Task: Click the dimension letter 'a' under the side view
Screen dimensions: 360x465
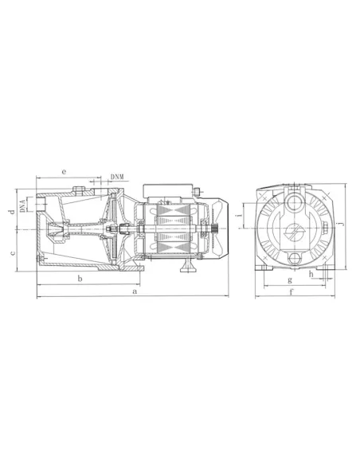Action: pyautogui.click(x=135, y=291)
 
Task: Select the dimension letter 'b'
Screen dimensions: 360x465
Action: pyautogui.click(x=80, y=279)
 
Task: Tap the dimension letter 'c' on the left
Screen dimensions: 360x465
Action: pyautogui.click(x=13, y=253)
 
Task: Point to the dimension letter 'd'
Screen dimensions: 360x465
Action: pyautogui.click(x=12, y=212)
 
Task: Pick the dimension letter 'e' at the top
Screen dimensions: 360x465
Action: pyautogui.click(x=64, y=172)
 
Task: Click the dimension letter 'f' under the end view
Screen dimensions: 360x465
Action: pyautogui.click(x=292, y=292)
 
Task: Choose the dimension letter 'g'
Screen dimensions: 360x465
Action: pyautogui.click(x=290, y=280)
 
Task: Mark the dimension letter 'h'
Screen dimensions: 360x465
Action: pyautogui.click(x=311, y=274)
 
